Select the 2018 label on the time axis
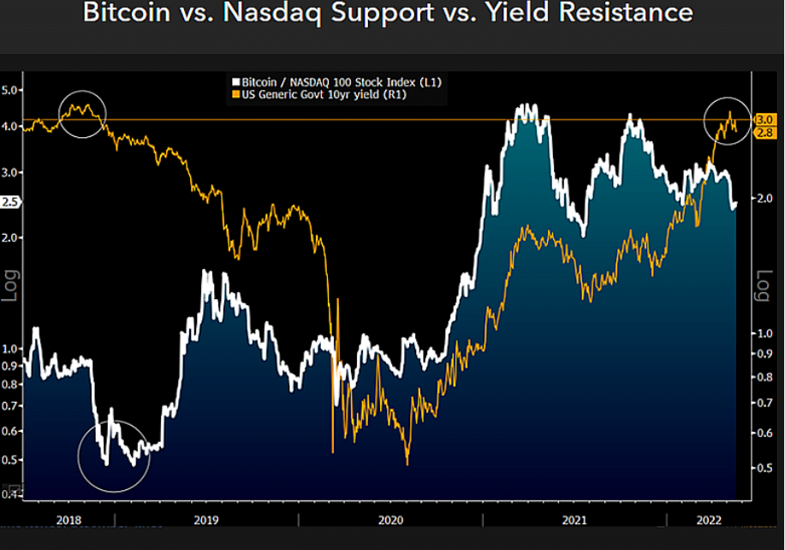[68, 520]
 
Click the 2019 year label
[206, 520]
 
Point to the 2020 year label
[390, 520]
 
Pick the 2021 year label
[574, 520]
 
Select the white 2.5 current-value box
[10, 202]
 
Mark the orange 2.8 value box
[764, 132]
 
